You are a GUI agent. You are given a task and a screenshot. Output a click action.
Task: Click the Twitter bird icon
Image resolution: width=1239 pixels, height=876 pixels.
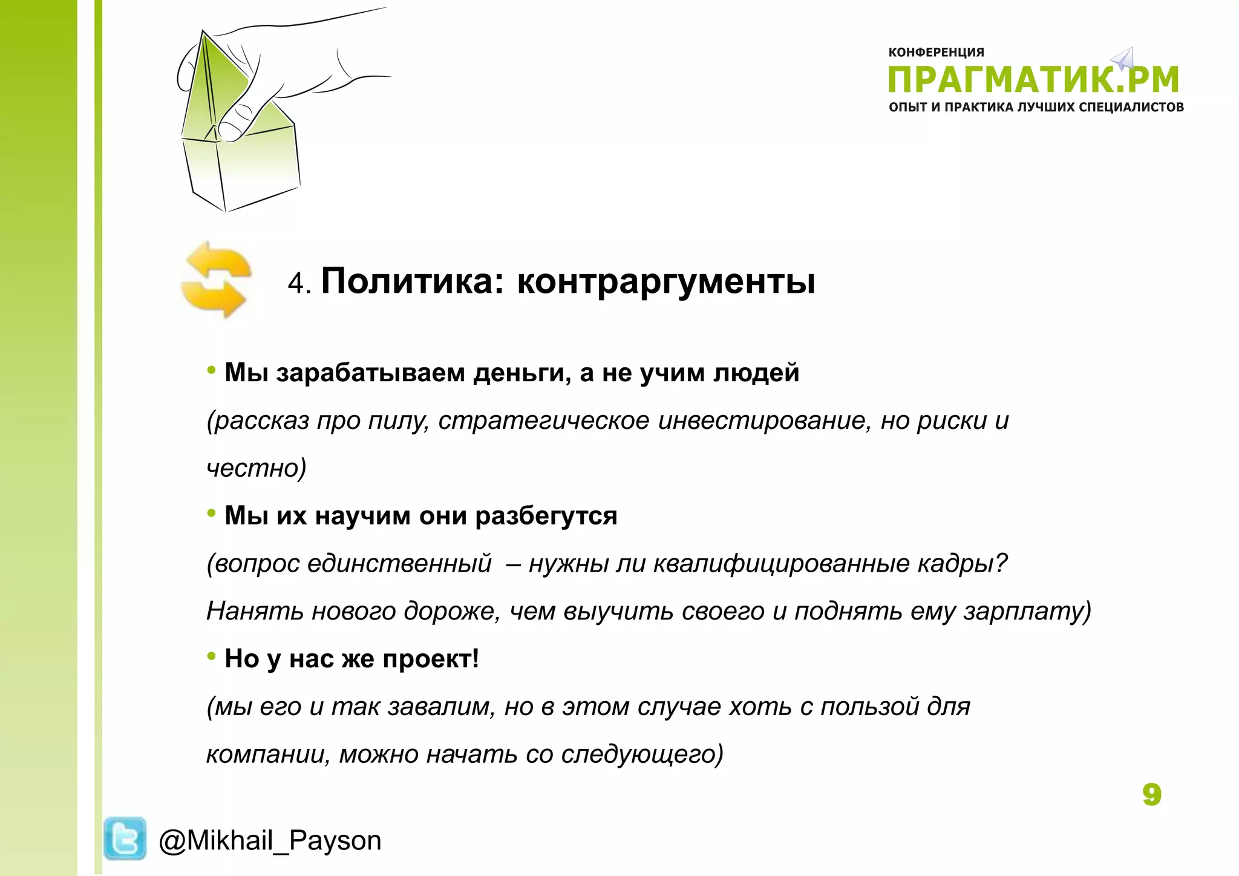coord(125,838)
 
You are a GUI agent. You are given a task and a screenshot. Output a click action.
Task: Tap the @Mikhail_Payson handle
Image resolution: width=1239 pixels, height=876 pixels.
coord(270,841)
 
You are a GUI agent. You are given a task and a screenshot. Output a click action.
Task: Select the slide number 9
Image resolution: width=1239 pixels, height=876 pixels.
coord(1151,794)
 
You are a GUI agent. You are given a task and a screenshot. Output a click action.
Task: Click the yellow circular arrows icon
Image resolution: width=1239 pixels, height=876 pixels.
coord(216,279)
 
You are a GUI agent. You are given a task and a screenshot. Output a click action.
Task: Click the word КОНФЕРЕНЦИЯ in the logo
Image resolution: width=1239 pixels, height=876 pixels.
coord(936,53)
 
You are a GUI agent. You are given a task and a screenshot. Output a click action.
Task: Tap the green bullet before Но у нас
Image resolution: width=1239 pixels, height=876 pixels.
coord(211,656)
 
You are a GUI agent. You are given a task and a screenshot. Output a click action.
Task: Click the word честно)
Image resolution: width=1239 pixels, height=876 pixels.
coord(257,468)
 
